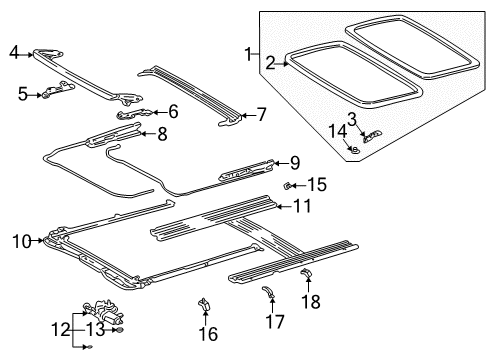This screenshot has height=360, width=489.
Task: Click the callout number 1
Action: (249, 54)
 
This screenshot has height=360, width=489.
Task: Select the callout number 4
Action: (14, 52)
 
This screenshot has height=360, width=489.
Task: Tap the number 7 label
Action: (262, 114)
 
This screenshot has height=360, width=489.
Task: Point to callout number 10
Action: (22, 241)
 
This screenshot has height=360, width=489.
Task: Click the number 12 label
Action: (61, 330)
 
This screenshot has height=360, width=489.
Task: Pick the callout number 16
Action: (208, 334)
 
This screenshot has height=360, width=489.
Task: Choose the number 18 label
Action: (311, 302)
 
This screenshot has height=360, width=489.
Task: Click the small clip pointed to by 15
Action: (286, 185)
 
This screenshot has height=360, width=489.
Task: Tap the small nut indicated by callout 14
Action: (355, 150)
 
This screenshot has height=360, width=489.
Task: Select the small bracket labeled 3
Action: (372, 136)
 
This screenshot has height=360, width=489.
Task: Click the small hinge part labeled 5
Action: (57, 89)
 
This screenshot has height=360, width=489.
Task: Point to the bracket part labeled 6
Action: (134, 113)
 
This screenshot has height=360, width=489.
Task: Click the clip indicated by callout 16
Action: (204, 304)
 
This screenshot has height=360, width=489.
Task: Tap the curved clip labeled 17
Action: (268, 292)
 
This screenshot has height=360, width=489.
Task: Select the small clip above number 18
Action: (307, 273)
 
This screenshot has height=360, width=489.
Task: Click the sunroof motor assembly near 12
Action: (104, 313)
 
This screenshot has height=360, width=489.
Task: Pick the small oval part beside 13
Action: (119, 330)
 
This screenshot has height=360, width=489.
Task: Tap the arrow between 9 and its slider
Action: (281, 163)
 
